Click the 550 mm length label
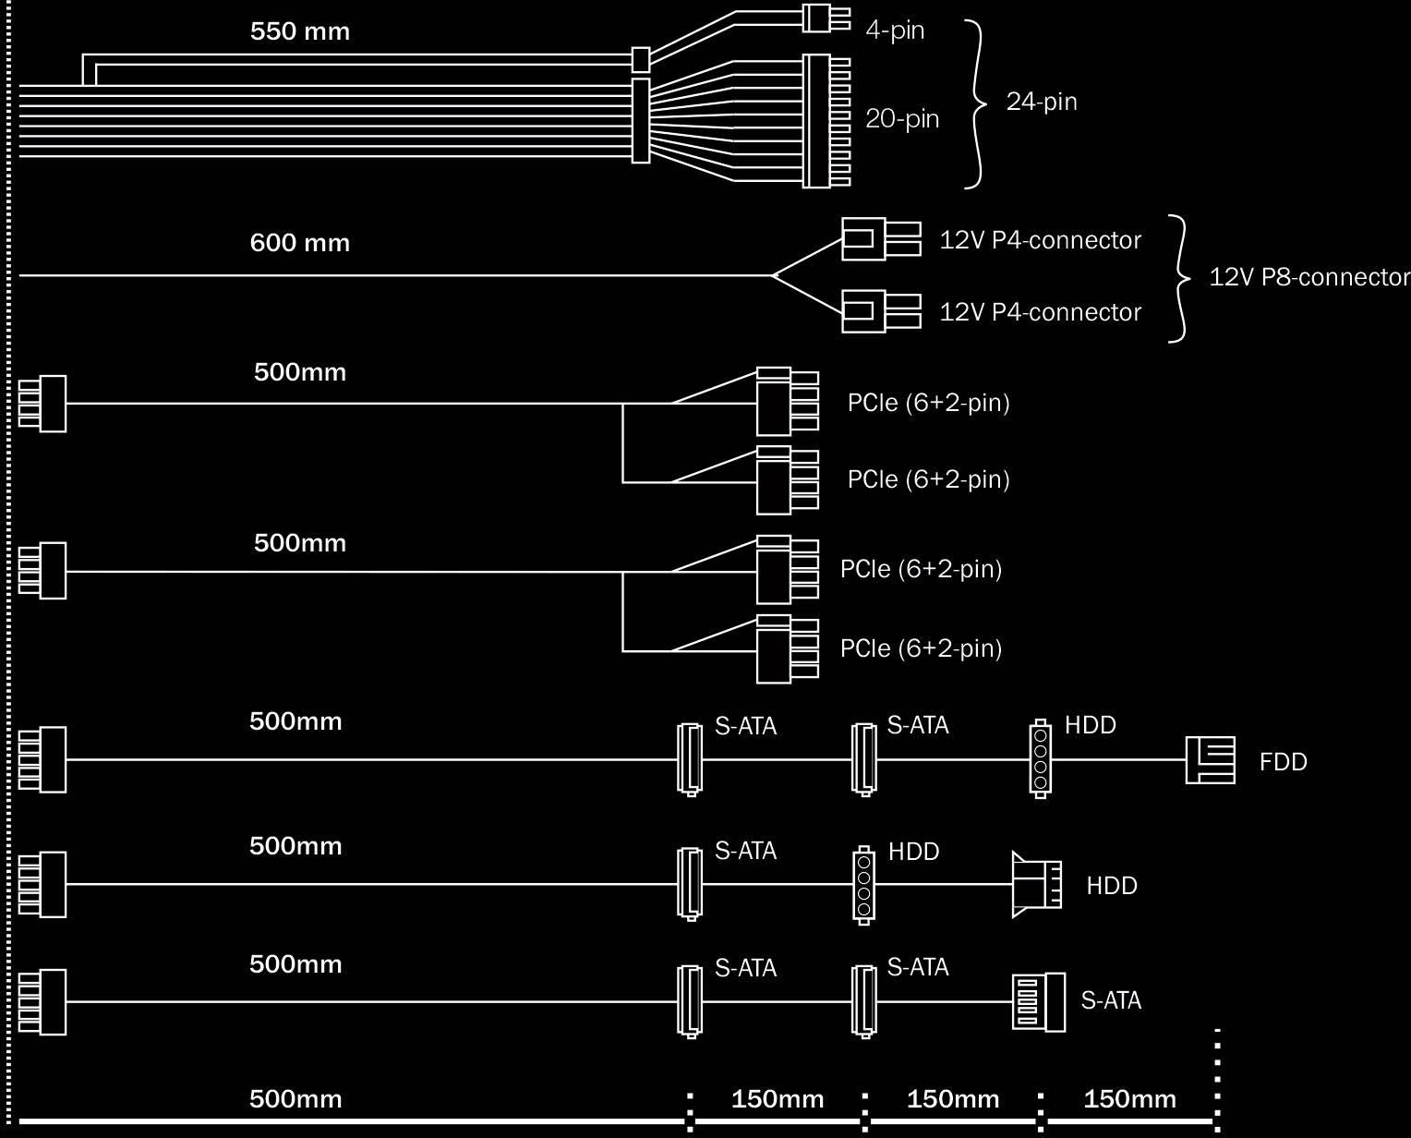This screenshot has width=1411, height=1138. point(300,31)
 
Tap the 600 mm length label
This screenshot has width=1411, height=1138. point(300,243)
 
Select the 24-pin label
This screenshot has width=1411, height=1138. point(1042,102)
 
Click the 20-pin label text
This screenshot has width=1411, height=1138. point(901,119)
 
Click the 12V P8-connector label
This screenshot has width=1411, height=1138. point(1309,277)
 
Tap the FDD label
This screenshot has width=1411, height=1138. point(1283,762)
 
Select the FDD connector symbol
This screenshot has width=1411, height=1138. point(1211,760)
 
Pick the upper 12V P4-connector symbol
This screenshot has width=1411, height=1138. point(880,239)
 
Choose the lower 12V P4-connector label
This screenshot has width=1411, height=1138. point(1040,312)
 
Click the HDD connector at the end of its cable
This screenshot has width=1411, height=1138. point(1036,885)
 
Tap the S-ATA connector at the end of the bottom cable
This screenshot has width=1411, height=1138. point(1038,1002)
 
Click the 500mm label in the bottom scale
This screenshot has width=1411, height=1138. point(295,1099)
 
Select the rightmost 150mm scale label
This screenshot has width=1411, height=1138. point(1129,1099)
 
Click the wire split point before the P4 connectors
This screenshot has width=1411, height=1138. point(772,275)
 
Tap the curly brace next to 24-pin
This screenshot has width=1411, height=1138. point(975,103)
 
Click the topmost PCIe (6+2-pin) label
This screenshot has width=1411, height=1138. point(928,403)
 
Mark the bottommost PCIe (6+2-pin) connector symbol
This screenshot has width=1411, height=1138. point(786,649)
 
